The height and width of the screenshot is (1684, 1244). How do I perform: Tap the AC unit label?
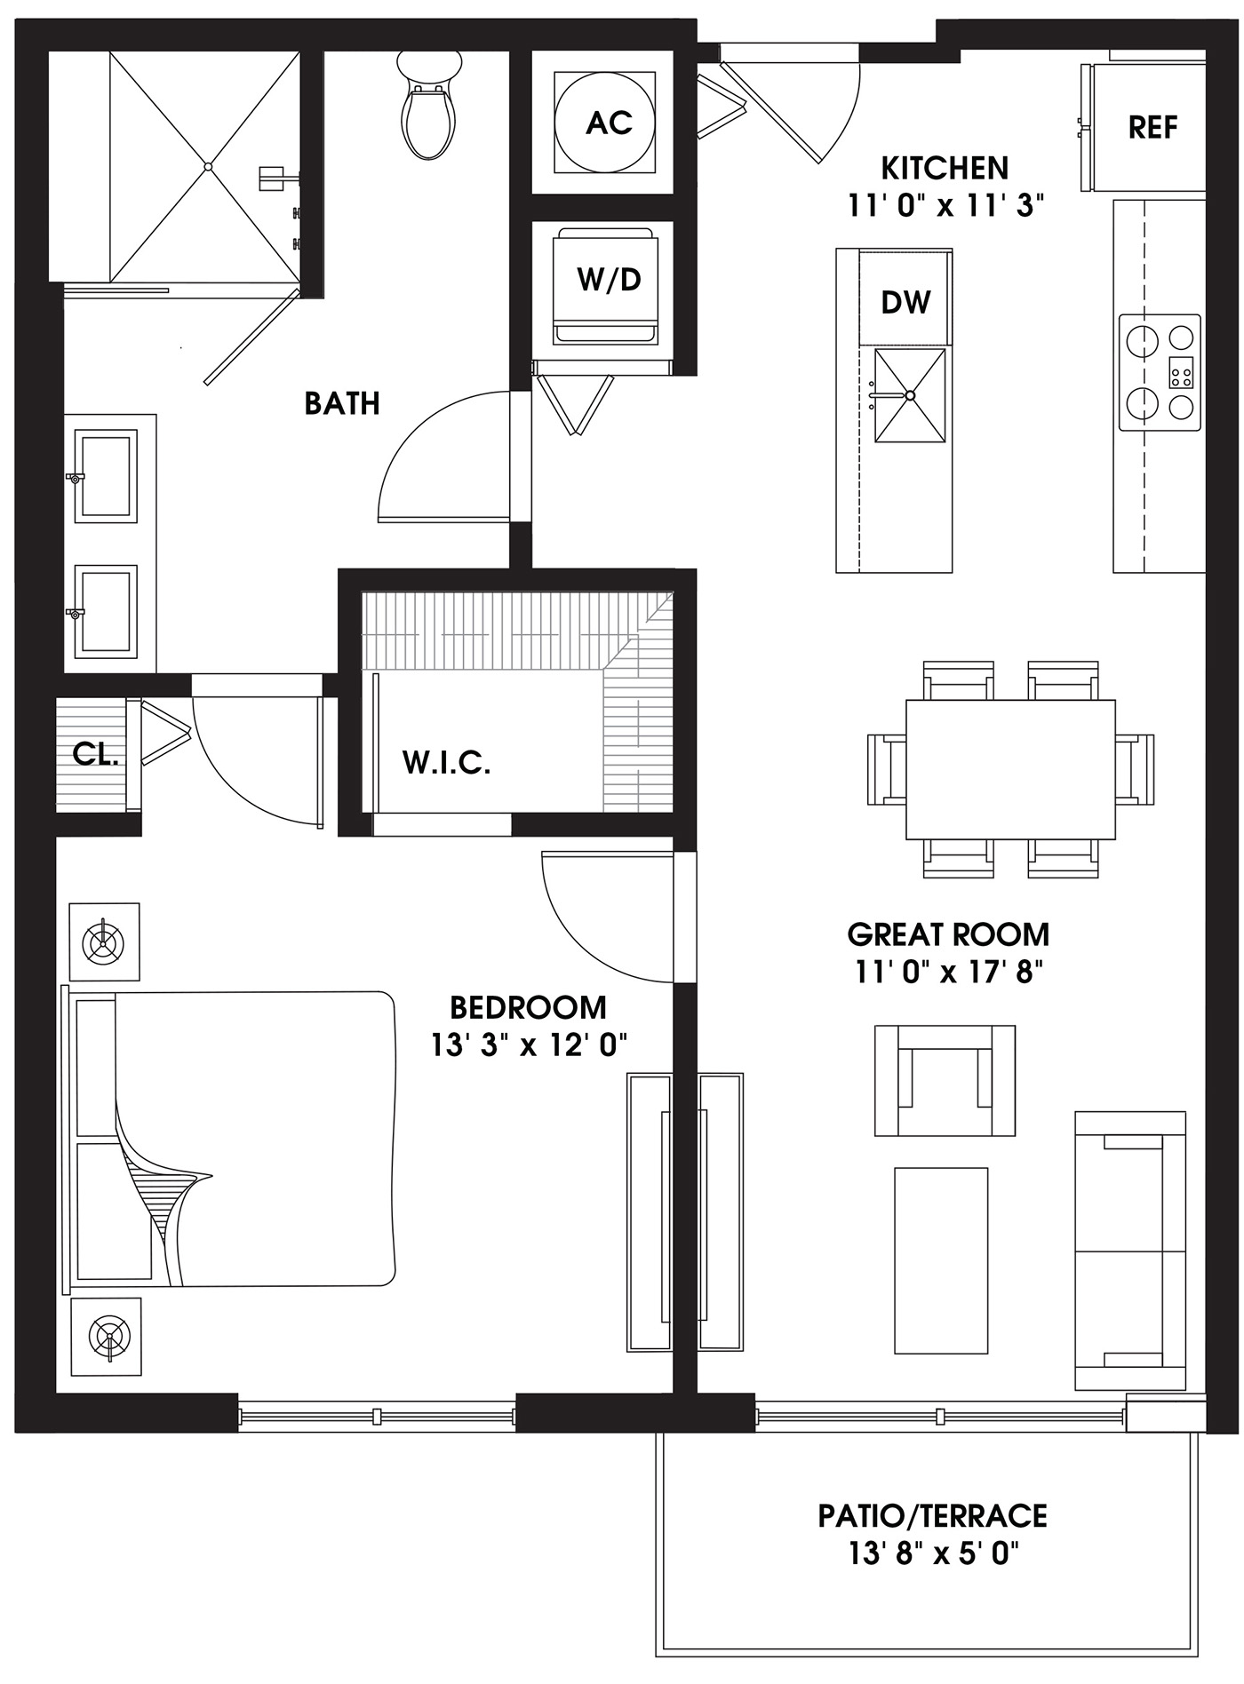(610, 123)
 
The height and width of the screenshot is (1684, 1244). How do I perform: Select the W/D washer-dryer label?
(610, 280)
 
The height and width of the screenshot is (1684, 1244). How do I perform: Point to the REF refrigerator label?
(1152, 128)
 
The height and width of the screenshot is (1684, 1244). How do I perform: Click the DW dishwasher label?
(905, 303)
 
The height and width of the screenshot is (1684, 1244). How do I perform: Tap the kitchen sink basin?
(910, 395)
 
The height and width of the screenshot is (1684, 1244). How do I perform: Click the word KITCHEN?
(945, 168)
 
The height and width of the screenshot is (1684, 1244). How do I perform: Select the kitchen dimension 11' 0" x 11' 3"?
(945, 206)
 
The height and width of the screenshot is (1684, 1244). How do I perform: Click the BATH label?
(342, 403)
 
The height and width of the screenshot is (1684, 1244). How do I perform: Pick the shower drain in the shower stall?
(208, 166)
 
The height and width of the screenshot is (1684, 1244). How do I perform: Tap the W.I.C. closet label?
(446, 762)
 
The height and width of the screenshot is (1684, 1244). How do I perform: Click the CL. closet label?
(96, 754)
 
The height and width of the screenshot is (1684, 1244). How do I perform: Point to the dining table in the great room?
(1010, 769)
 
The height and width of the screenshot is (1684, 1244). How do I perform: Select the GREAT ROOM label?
(948, 934)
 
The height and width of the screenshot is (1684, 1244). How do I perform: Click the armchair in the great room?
(945, 1080)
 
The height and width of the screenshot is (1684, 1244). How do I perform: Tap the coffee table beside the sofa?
(941, 1260)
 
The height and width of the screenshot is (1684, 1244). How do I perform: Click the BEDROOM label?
(529, 1007)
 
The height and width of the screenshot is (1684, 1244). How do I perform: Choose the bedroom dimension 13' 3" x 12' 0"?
(530, 1045)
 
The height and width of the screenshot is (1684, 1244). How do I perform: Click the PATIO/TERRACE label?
(932, 1515)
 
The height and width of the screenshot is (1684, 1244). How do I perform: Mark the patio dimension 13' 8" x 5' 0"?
(932, 1553)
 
